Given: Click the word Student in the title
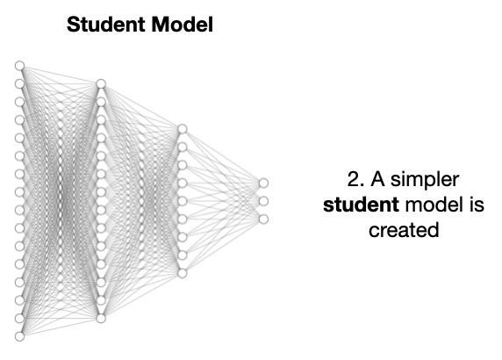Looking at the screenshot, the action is [105, 25].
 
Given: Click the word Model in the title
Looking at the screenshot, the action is [183, 25].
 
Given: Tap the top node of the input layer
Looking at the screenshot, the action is [20, 66].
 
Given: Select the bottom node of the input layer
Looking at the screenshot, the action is [20, 336].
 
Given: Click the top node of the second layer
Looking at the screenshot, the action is [101, 84].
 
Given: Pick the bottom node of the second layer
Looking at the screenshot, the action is [101, 319].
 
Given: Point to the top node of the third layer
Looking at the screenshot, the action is [183, 129].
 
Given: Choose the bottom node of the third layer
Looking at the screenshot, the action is [183, 273].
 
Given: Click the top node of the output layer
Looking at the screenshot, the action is [263, 184].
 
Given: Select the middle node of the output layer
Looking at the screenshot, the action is [263, 201].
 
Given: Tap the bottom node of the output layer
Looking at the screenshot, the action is [263, 220].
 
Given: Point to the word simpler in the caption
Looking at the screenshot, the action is [425, 180].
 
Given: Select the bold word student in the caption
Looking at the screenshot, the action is [361, 205].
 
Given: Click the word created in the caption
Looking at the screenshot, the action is [404, 230].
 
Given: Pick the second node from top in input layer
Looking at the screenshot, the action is [20, 84].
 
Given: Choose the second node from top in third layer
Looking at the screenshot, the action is [183, 147].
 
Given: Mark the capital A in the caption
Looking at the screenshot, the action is [377, 179].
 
